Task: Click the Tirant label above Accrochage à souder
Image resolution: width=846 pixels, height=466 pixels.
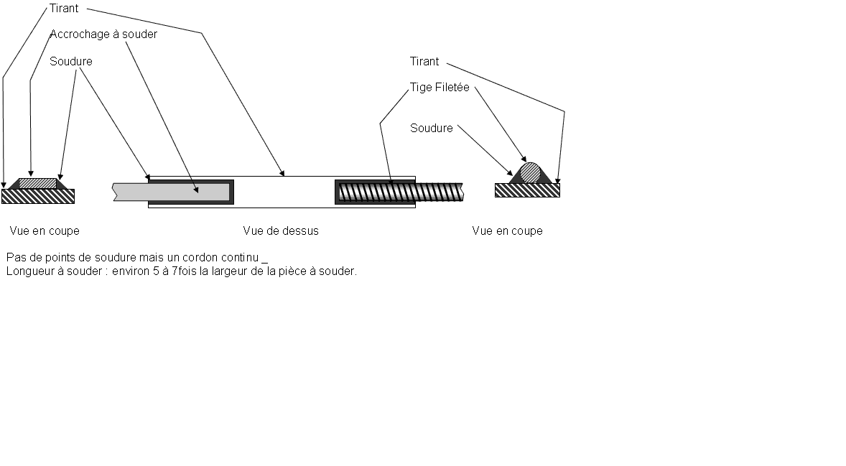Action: [x=64, y=9]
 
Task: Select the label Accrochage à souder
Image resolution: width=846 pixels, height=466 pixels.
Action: [x=103, y=34]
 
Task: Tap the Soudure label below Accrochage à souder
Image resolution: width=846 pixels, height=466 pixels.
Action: [x=71, y=62]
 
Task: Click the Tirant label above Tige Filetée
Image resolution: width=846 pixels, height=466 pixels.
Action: [x=424, y=62]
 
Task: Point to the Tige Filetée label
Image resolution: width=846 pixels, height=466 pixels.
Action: [x=440, y=88]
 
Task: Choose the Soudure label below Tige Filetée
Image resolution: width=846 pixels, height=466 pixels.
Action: [x=432, y=128]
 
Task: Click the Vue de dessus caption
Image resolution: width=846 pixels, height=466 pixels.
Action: [x=281, y=231]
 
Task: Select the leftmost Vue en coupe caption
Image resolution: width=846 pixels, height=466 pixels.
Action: [x=45, y=231]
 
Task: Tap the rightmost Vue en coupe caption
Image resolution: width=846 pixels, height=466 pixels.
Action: [x=507, y=231]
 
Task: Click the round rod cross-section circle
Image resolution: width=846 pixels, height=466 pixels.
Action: [x=530, y=173]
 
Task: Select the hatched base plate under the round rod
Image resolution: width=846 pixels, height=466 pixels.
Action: [x=527, y=190]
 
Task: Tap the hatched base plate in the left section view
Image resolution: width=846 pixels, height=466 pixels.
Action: [x=38, y=196]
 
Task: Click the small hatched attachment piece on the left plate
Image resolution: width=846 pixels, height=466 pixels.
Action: [x=37, y=183]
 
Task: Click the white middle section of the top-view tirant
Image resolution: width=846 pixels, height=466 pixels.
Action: [x=284, y=192]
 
